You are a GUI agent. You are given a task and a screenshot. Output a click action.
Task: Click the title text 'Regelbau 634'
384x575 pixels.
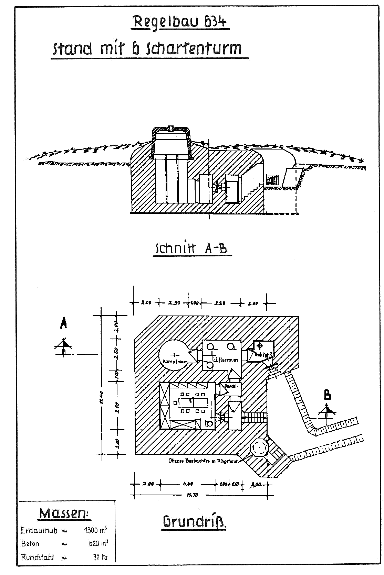[x=180, y=22]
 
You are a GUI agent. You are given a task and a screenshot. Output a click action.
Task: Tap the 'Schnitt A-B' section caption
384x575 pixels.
[x=191, y=248]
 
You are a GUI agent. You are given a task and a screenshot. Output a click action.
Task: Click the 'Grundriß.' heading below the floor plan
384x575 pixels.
[x=195, y=522]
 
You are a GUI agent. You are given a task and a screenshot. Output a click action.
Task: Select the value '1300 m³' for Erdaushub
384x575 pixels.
[x=96, y=530]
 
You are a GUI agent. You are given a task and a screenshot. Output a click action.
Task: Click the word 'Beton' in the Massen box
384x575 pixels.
[x=30, y=544]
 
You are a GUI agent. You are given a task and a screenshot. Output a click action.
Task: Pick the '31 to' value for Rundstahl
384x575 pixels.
[x=100, y=557]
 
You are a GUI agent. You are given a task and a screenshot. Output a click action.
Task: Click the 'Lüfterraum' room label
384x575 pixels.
[x=226, y=360]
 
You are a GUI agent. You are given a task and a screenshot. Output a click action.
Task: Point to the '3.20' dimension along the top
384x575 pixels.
[x=220, y=303]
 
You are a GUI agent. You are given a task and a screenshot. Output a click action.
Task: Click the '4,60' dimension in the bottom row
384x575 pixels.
[x=188, y=484]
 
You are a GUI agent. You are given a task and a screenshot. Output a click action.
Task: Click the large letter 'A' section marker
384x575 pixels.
[x=63, y=323]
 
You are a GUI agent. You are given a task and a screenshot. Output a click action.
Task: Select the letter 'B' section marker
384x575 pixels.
[x=328, y=395]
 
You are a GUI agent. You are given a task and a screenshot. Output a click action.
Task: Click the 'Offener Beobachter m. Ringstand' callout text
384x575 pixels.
[x=203, y=461]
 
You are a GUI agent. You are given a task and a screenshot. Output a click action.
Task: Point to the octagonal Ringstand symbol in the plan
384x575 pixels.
[x=258, y=447]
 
